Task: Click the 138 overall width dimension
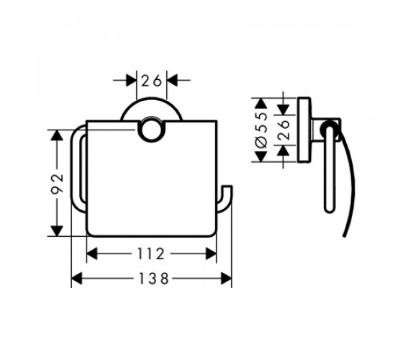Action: pos(153,279)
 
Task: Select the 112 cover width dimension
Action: pos(151,253)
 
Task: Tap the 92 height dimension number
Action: pos(57,184)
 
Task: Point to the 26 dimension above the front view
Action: pos(151,81)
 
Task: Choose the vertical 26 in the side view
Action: pos(284,130)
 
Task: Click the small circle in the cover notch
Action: pos(151,130)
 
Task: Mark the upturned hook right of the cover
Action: pos(225,199)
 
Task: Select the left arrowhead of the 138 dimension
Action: pos(76,279)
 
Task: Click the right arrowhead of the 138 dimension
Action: pos(226,279)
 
